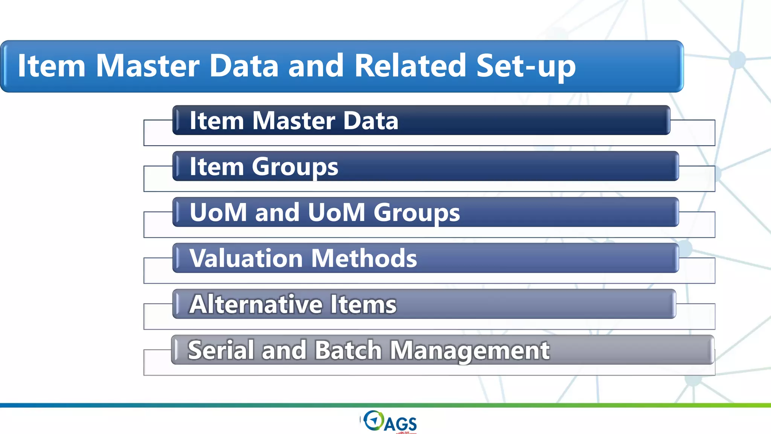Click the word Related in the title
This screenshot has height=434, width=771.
pyautogui.click(x=410, y=66)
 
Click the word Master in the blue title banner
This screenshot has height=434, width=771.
pyautogui.click(x=147, y=66)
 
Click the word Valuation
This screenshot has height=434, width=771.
pyautogui.click(x=246, y=258)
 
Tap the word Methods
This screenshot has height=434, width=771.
pyautogui.click(x=364, y=258)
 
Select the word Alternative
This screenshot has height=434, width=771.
pyautogui.click(x=256, y=304)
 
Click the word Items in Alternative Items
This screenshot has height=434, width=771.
pyautogui.click(x=363, y=304)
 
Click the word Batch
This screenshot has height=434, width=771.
pyautogui.click(x=348, y=350)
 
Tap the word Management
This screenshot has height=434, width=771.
pyautogui.click(x=469, y=351)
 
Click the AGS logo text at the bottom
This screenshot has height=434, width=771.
pyautogui.click(x=400, y=424)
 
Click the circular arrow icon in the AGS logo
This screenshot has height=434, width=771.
pyautogui.click(x=373, y=420)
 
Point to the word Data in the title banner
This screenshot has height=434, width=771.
pyautogui.click(x=244, y=66)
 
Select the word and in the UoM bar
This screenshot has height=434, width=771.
pyautogui.click(x=277, y=212)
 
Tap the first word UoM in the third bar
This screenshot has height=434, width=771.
pyautogui.click(x=218, y=212)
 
